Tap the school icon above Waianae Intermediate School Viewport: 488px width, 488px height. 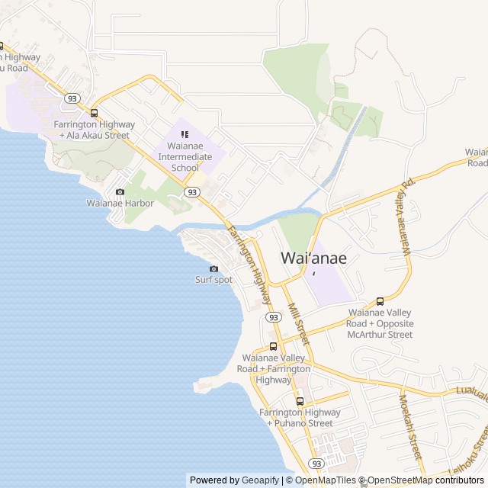[185, 135]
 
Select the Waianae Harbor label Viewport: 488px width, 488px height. [120, 204]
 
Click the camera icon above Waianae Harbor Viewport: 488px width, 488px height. [120, 192]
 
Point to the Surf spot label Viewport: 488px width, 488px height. [213, 280]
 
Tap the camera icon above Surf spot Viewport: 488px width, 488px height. [213, 268]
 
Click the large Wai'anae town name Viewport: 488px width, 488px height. [313, 258]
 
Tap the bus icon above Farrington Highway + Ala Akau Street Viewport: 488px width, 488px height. [94, 112]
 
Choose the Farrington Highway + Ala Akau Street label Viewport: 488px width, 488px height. [95, 130]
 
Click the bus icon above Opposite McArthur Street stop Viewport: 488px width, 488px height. [380, 301]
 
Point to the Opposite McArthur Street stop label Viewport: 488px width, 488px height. [380, 323]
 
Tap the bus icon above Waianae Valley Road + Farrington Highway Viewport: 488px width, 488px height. [273, 346]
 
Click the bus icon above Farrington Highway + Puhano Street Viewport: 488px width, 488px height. [300, 401]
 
